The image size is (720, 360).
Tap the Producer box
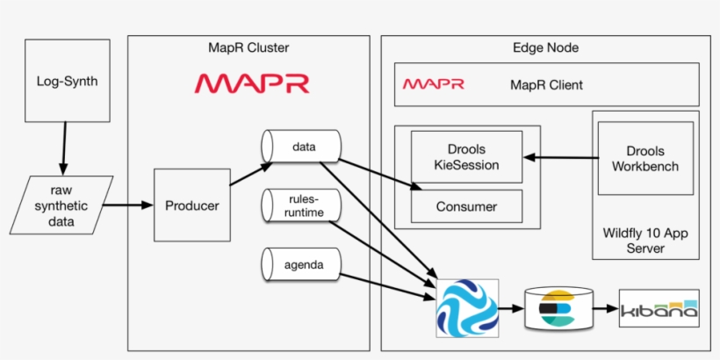pos(191,206)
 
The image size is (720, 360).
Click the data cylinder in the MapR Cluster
pos(302,146)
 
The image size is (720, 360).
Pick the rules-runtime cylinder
pos(302,205)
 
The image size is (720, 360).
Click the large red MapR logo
pos(251,83)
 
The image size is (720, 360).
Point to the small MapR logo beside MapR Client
pos(433,84)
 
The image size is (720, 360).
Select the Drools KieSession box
pos(466,157)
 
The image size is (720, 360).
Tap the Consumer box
pos(466,207)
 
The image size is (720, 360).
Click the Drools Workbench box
pos(645,158)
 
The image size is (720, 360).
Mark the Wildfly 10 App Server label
pos(645,241)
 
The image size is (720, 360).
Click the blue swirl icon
pos(467,309)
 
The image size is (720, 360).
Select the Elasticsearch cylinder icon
pos(556,309)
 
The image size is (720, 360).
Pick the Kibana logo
pos(659,309)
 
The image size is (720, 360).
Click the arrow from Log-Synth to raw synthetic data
pos(62,148)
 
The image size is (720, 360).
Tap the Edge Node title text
pos(544,47)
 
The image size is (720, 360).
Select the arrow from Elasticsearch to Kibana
pos(601,309)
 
